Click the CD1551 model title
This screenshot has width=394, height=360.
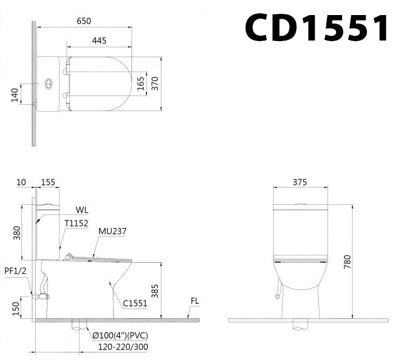click(x=316, y=27)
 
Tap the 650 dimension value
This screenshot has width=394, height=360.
click(x=84, y=21)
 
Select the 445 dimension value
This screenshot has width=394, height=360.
click(x=99, y=41)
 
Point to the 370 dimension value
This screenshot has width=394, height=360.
click(x=155, y=83)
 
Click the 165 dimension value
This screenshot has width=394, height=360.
click(x=141, y=83)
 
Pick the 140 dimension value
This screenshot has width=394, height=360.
click(x=15, y=95)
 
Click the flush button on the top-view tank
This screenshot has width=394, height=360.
click(x=48, y=83)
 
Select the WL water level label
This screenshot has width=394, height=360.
click(x=82, y=210)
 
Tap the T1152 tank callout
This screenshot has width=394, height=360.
click(x=76, y=223)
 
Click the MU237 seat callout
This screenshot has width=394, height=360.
click(x=112, y=232)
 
